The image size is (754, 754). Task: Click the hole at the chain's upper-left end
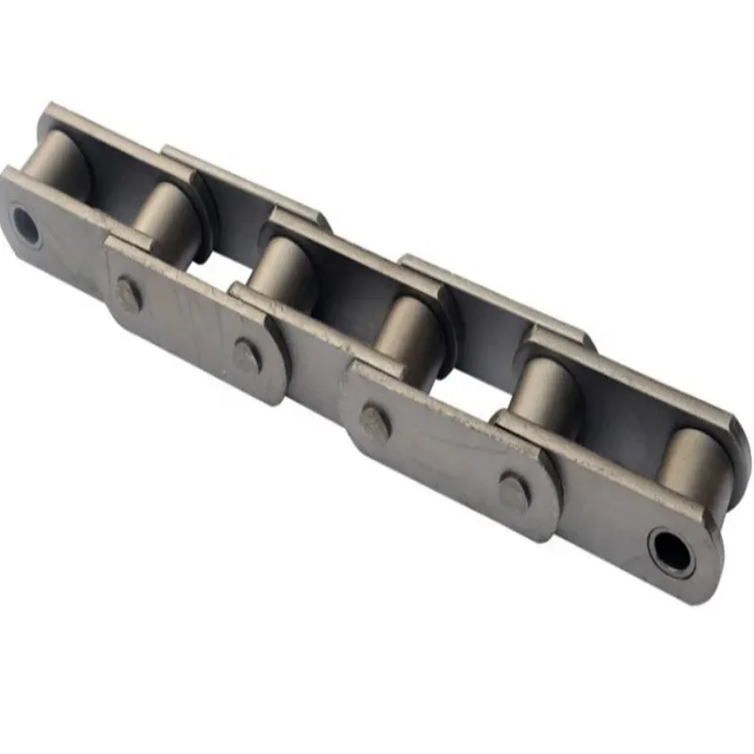coord(25,226)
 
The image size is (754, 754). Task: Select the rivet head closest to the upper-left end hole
coord(128,294)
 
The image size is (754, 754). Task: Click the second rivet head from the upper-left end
coord(247,354)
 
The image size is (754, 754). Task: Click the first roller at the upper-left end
coord(58,160)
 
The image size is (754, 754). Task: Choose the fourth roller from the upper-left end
coord(411,335)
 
